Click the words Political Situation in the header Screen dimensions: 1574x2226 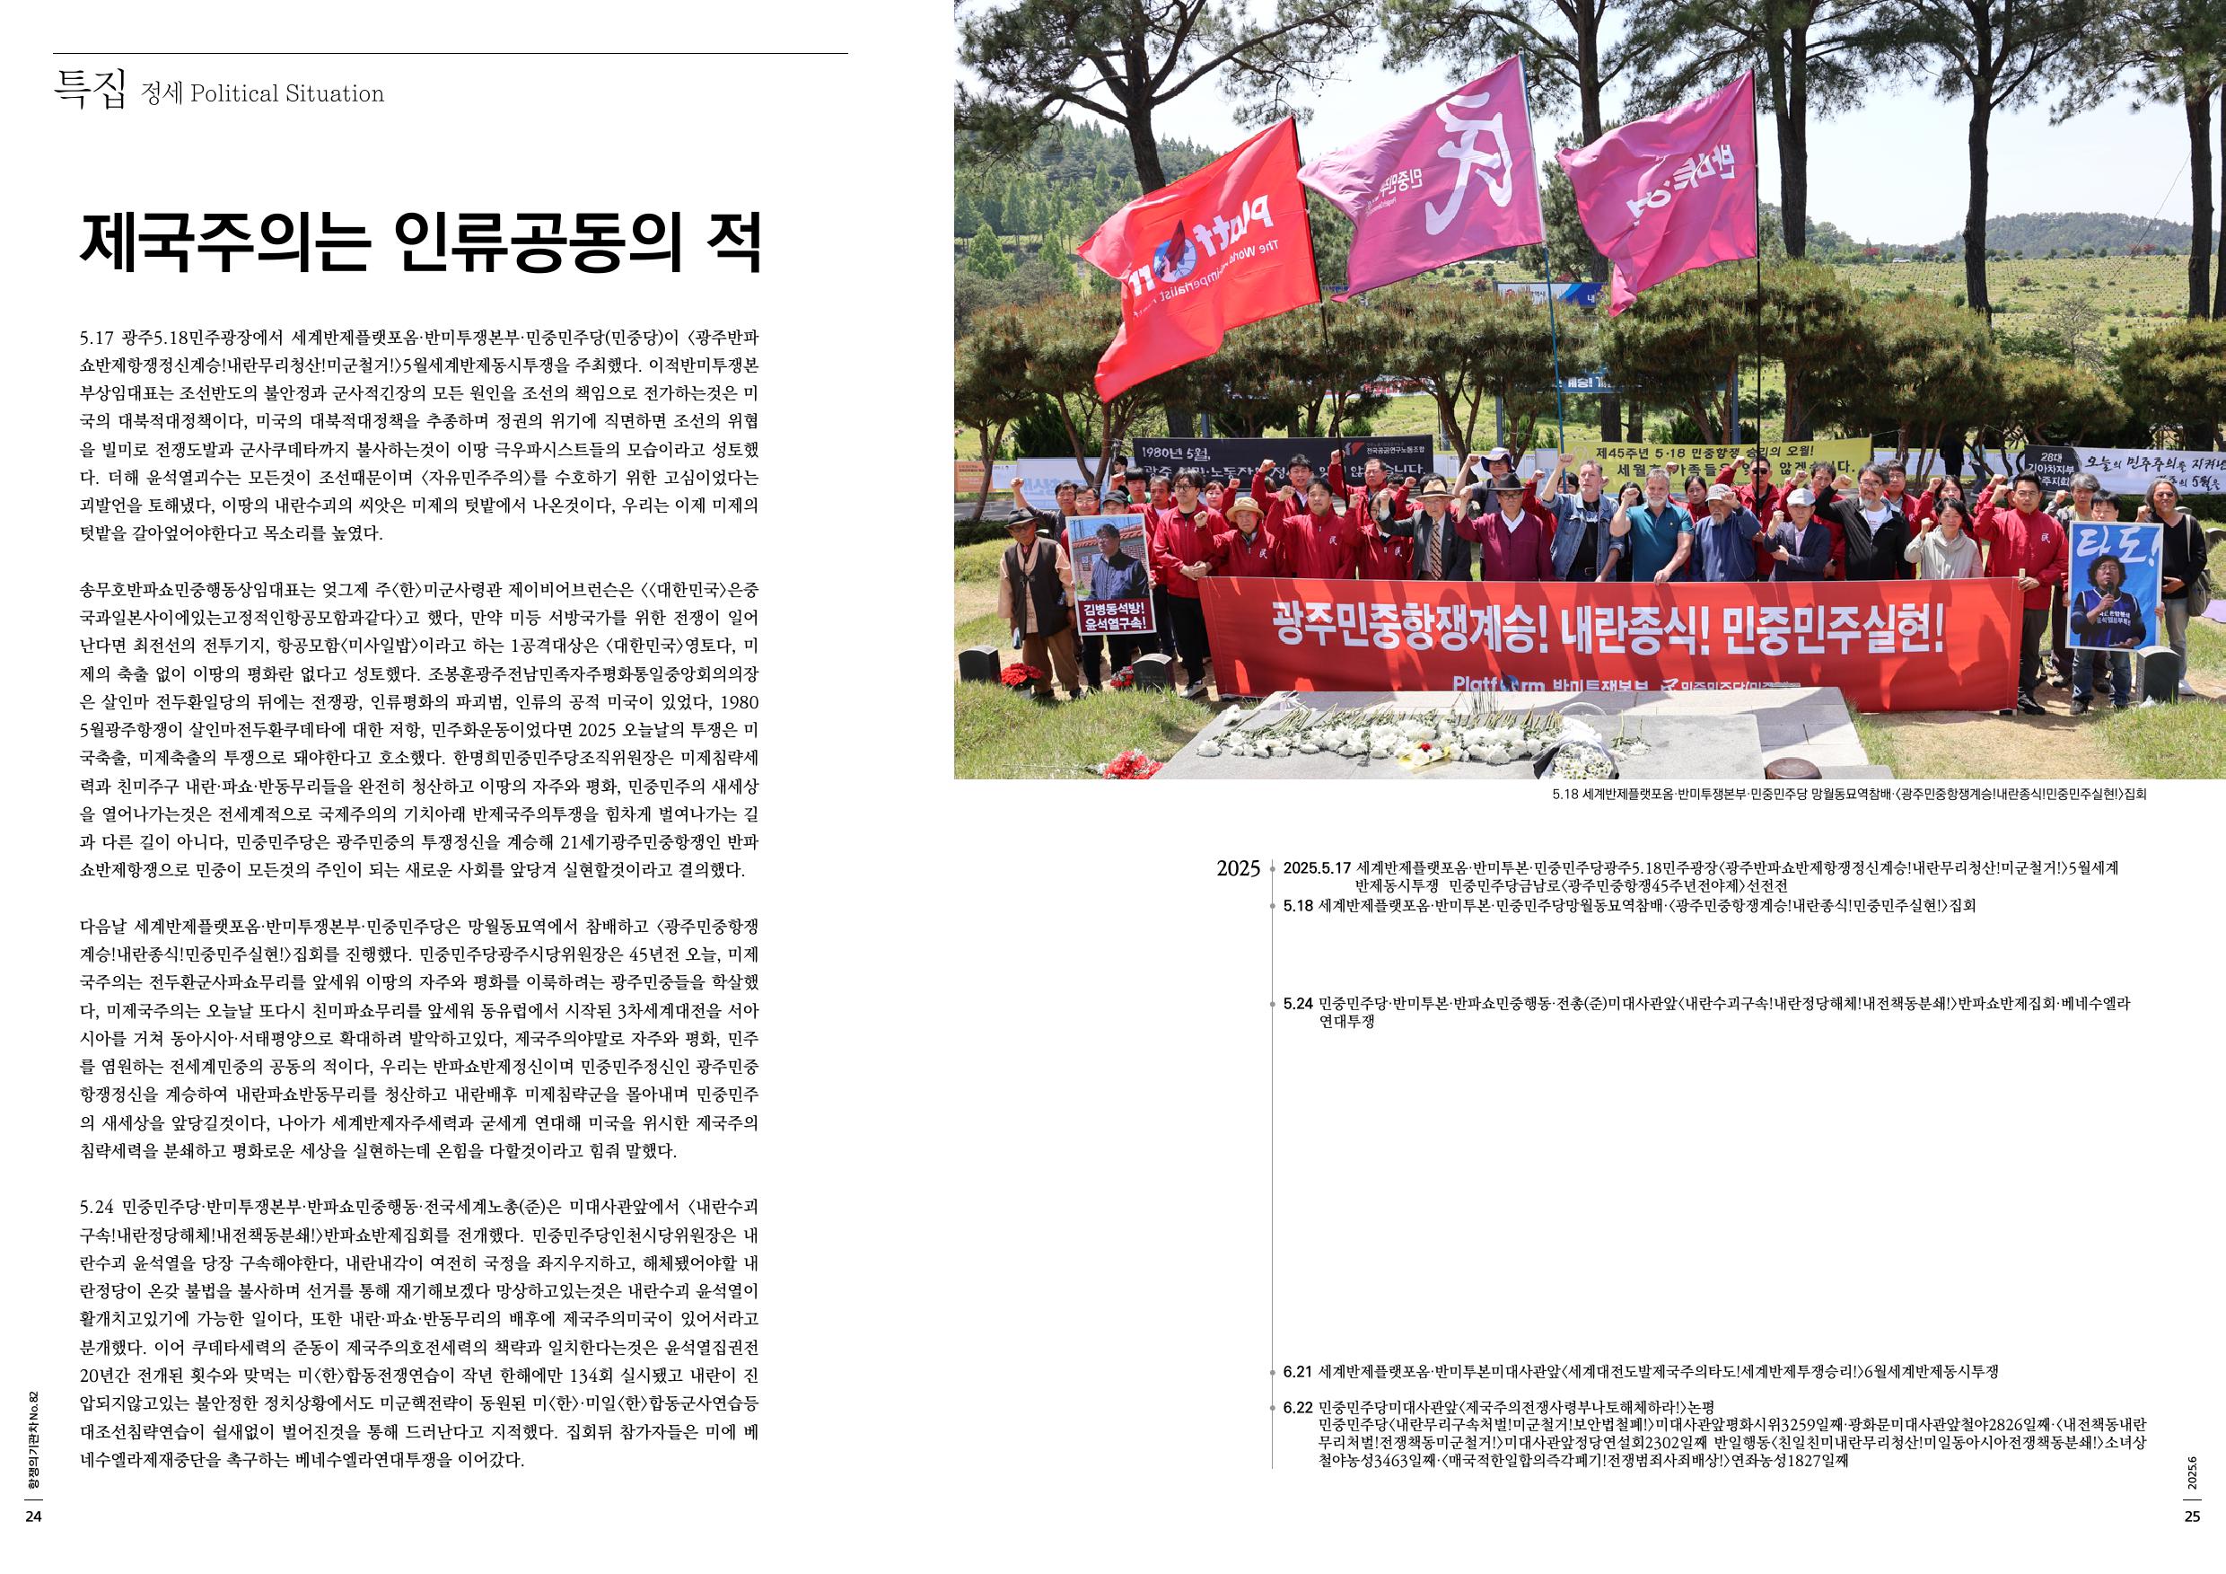click(287, 94)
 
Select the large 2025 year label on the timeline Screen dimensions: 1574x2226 click(1237, 869)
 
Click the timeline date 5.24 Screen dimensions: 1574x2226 click(1297, 1004)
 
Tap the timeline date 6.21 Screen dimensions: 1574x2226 click(1297, 1372)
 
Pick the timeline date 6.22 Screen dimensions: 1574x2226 click(1297, 1407)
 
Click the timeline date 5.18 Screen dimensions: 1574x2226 click(1297, 906)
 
